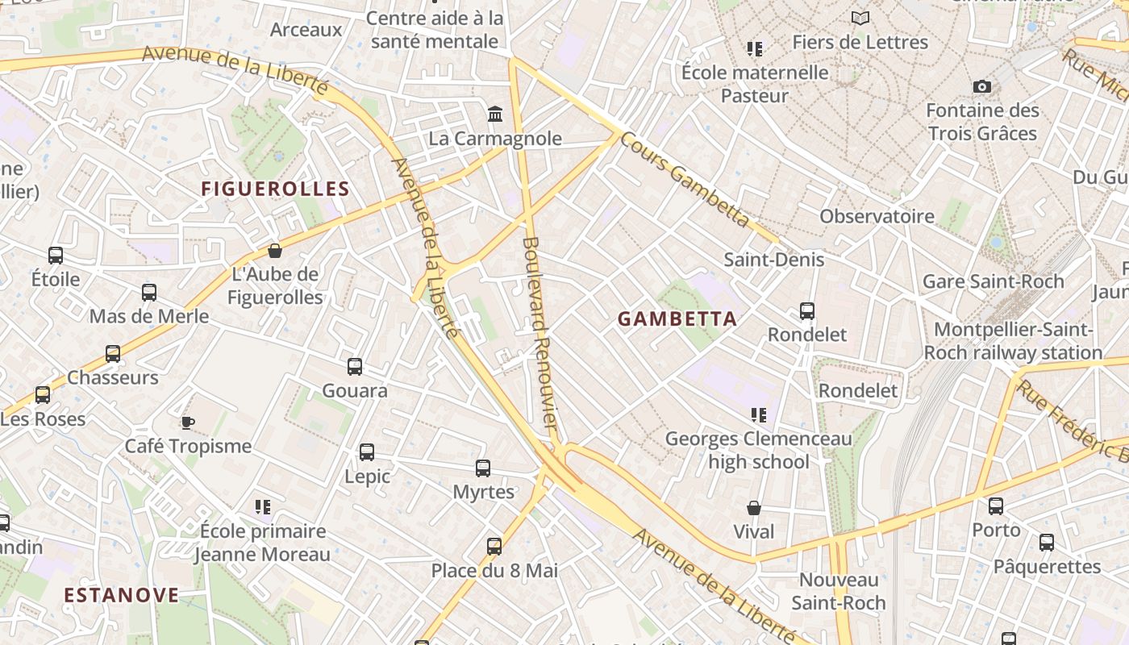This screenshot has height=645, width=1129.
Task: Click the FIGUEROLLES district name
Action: coord(275,189)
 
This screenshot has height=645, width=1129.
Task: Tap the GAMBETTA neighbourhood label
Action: coord(677,318)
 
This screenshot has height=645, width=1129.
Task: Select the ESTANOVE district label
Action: coord(122,595)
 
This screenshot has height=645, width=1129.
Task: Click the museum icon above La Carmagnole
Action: coord(495,114)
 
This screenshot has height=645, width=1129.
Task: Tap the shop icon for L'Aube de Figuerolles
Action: coord(275,250)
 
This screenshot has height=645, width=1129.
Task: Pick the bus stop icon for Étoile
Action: coord(56,256)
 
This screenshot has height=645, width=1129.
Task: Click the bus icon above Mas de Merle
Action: coord(149,292)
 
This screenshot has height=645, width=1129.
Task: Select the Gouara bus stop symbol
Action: coord(355,367)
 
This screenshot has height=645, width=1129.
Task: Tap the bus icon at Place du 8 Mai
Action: coord(494,546)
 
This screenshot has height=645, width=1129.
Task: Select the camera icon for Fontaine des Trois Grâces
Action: coord(981,86)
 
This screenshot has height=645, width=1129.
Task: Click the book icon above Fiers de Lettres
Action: coord(860,18)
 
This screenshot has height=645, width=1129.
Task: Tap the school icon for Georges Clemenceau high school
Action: coord(758,415)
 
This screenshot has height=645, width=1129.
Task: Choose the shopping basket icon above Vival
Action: coord(754,507)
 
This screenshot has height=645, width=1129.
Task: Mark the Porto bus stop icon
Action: coord(996,506)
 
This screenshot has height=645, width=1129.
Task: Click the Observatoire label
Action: coord(877,216)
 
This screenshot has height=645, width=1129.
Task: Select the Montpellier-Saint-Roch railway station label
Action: coord(1013,341)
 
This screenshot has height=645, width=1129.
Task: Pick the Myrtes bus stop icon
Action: coord(483,468)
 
